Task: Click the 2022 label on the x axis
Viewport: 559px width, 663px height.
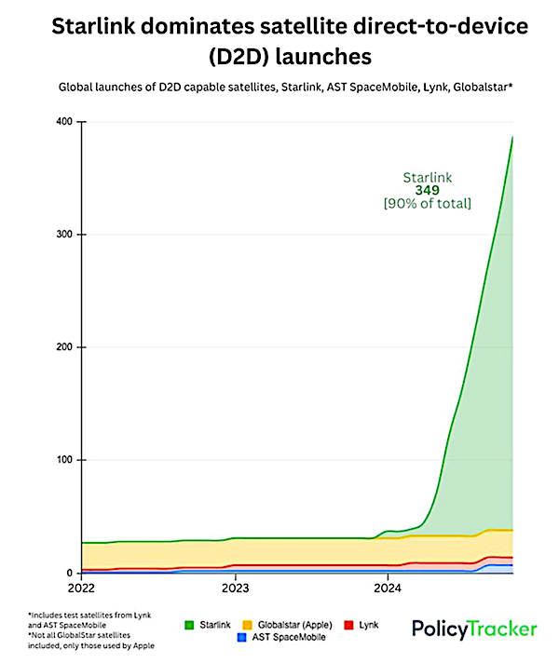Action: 82,588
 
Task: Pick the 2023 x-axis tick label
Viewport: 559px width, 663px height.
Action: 235,588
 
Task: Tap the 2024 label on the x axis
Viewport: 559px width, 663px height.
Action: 389,588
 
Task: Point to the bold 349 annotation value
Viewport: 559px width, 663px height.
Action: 428,190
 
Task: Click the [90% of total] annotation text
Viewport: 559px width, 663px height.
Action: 428,204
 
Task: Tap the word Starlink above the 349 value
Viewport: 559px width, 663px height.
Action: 428,177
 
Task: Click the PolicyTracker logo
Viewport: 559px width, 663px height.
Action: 474,629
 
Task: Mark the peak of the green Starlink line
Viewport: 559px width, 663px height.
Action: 512,137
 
